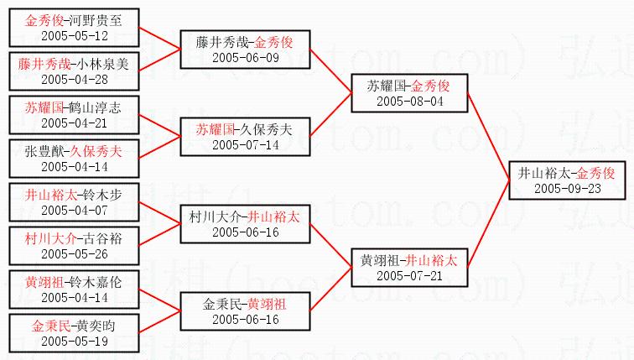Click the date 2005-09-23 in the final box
coord(567,189)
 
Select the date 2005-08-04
coord(409,102)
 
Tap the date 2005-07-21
coord(409,276)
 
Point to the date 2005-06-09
coord(246,57)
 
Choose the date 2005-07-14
coord(246,145)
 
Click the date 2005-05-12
coord(75,35)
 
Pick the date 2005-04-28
coord(75,79)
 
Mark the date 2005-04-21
coord(75,123)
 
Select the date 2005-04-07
coord(75,211)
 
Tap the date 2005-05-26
coord(75,254)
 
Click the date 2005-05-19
coord(75,341)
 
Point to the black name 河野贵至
coord(96,21)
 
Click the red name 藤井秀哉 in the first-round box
coord(44,64)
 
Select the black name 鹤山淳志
coord(95,107)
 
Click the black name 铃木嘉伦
coord(96,282)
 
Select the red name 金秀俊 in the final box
coord(595,173)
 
